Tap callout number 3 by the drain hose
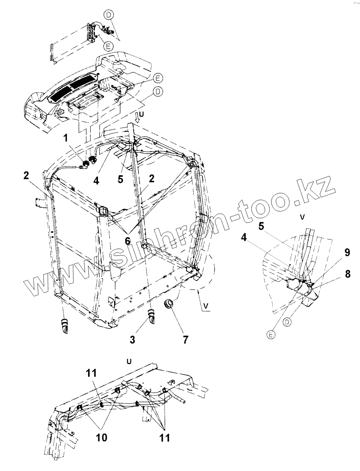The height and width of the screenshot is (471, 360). (132, 339)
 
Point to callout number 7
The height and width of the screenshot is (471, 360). (185, 339)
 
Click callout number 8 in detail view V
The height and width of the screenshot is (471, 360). (347, 274)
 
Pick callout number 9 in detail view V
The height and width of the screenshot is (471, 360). (347, 252)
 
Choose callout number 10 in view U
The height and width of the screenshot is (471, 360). (101, 437)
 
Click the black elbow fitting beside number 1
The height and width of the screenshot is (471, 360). (85, 164)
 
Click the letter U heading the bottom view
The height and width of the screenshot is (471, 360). (129, 361)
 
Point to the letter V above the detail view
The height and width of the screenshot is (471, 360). (302, 217)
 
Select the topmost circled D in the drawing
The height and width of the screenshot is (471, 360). (109, 14)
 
